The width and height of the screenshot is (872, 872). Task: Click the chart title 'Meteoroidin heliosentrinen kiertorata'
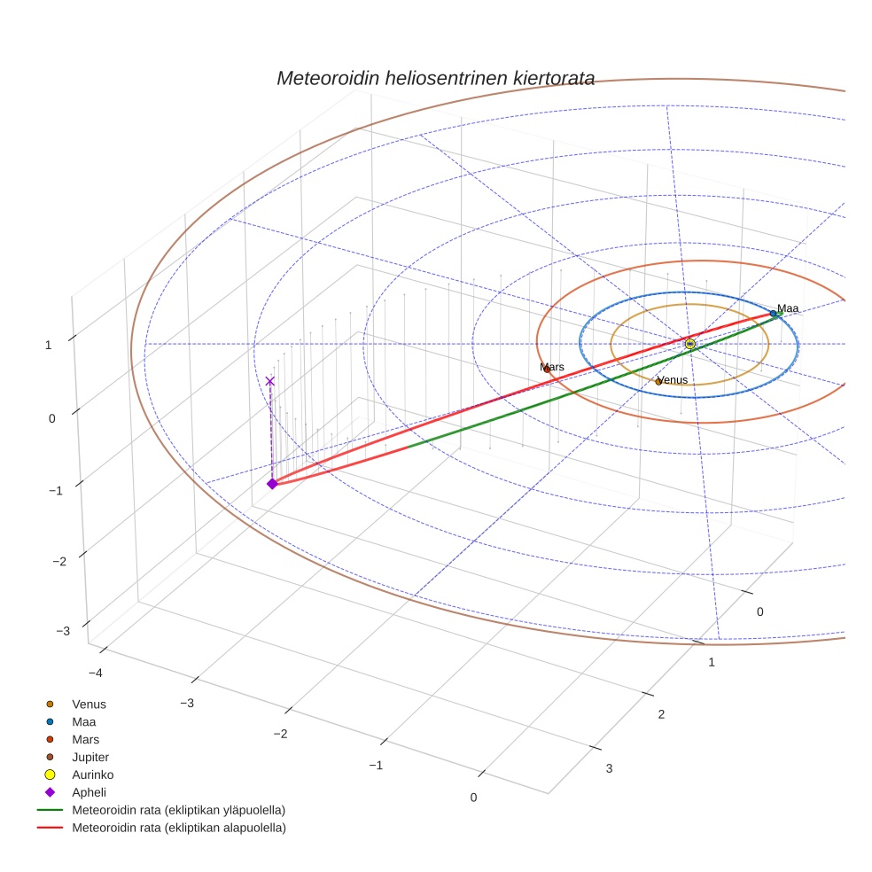435,78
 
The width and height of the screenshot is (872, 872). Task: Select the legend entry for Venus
89,705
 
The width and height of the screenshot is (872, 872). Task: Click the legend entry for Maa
85,722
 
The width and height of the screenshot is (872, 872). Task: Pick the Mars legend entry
85,740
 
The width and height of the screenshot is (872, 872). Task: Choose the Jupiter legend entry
90,758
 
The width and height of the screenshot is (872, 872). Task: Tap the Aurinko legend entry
92,775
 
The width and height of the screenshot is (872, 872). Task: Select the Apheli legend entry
89,793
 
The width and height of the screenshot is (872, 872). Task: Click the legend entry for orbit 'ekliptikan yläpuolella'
178,811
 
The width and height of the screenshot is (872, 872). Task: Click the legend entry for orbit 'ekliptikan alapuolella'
178,829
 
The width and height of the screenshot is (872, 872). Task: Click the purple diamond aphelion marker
272,483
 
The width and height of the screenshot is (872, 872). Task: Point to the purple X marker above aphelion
270,381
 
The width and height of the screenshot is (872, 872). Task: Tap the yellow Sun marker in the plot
690,343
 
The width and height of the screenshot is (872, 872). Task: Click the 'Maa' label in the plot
788,308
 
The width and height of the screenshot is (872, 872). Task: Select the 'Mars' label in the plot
553,367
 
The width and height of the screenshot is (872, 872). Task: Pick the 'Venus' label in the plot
674,380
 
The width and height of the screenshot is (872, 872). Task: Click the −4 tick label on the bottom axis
95,673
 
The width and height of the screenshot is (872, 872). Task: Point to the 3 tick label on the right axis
609,768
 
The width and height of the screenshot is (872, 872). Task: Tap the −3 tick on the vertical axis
63,631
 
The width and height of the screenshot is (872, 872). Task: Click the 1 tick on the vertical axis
48,345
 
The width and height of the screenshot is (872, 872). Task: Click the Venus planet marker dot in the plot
658,381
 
